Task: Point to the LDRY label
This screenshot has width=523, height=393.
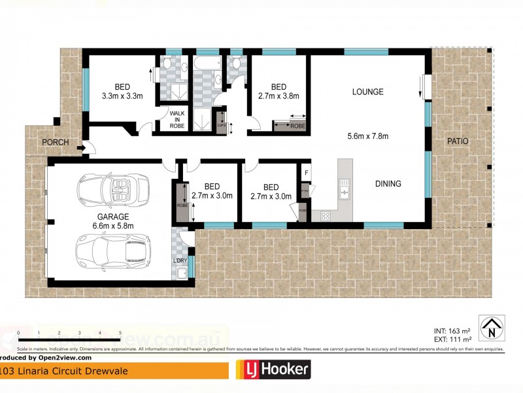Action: pyautogui.click(x=179, y=261)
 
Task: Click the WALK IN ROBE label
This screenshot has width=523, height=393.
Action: pyautogui.click(x=177, y=121)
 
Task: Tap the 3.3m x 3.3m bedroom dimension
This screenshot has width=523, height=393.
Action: pyautogui.click(x=122, y=96)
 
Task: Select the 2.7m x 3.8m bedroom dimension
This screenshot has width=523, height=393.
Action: pyautogui.click(x=278, y=96)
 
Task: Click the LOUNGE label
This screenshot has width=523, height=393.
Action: pyautogui.click(x=367, y=92)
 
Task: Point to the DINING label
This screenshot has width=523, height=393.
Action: pyautogui.click(x=388, y=184)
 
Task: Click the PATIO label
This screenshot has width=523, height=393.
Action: pyautogui.click(x=458, y=141)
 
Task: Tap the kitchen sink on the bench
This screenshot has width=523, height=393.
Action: pyautogui.click(x=344, y=191)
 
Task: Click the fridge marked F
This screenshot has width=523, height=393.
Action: pyautogui.click(x=305, y=174)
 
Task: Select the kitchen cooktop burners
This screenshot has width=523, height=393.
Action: pyautogui.click(x=325, y=215)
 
